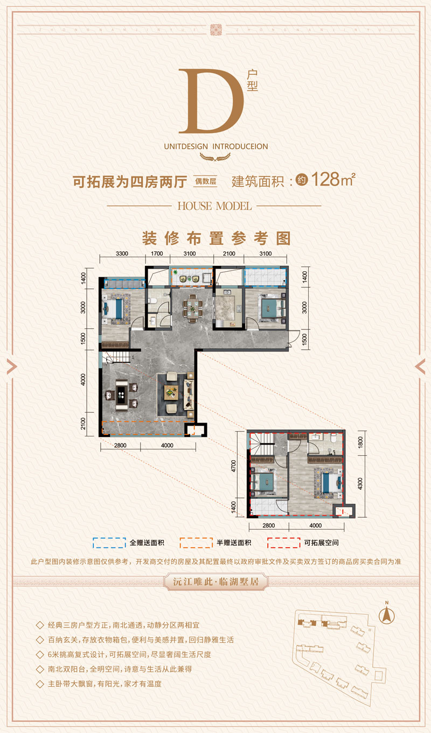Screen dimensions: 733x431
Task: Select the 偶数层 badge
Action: pyautogui.click(x=205, y=181)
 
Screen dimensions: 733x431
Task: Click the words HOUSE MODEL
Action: pyautogui.click(x=214, y=206)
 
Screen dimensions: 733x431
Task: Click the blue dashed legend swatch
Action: pyautogui.click(x=109, y=543)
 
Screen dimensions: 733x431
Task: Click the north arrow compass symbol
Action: pyautogui.click(x=386, y=614)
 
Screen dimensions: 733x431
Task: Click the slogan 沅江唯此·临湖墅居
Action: pyautogui.click(x=215, y=581)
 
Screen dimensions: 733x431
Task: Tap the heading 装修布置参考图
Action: pyautogui.click(x=215, y=238)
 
